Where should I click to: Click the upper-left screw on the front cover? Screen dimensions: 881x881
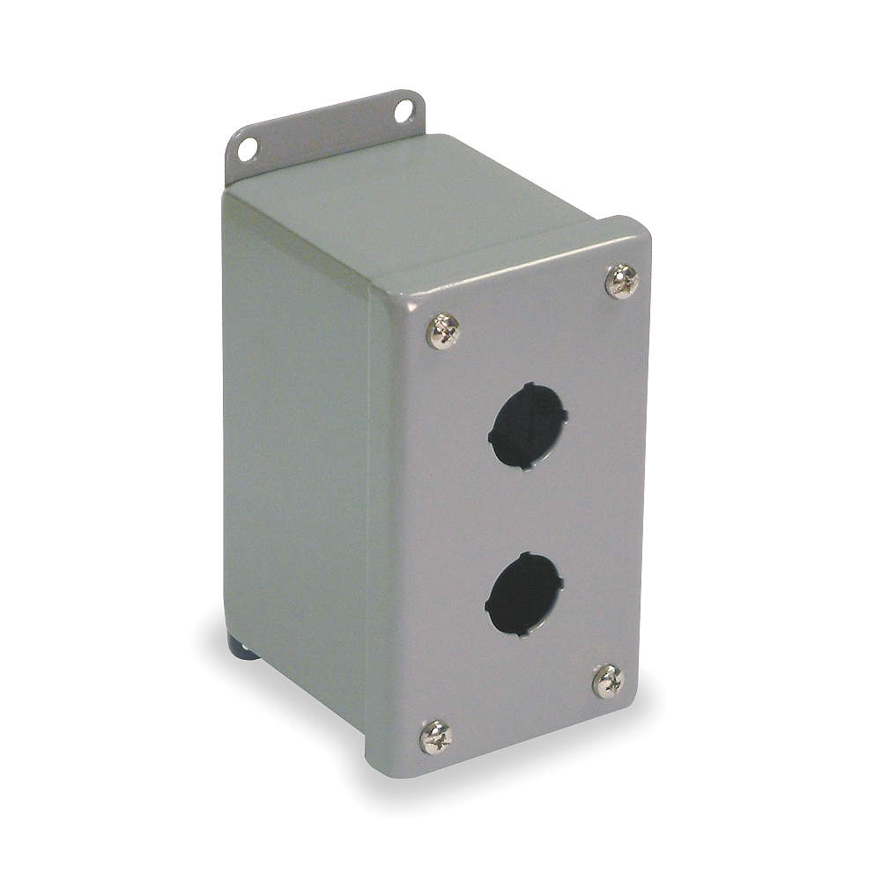[442, 330]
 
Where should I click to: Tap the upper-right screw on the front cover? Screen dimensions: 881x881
[622, 281]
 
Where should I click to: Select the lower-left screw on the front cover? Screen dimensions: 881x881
[436, 737]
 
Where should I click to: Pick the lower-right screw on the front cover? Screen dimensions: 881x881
[608, 681]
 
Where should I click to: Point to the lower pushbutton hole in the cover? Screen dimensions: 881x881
[524, 595]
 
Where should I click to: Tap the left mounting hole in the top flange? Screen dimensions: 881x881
[248, 149]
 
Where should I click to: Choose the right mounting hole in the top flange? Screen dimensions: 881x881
[403, 111]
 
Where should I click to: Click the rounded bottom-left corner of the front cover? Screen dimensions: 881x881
[381, 765]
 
